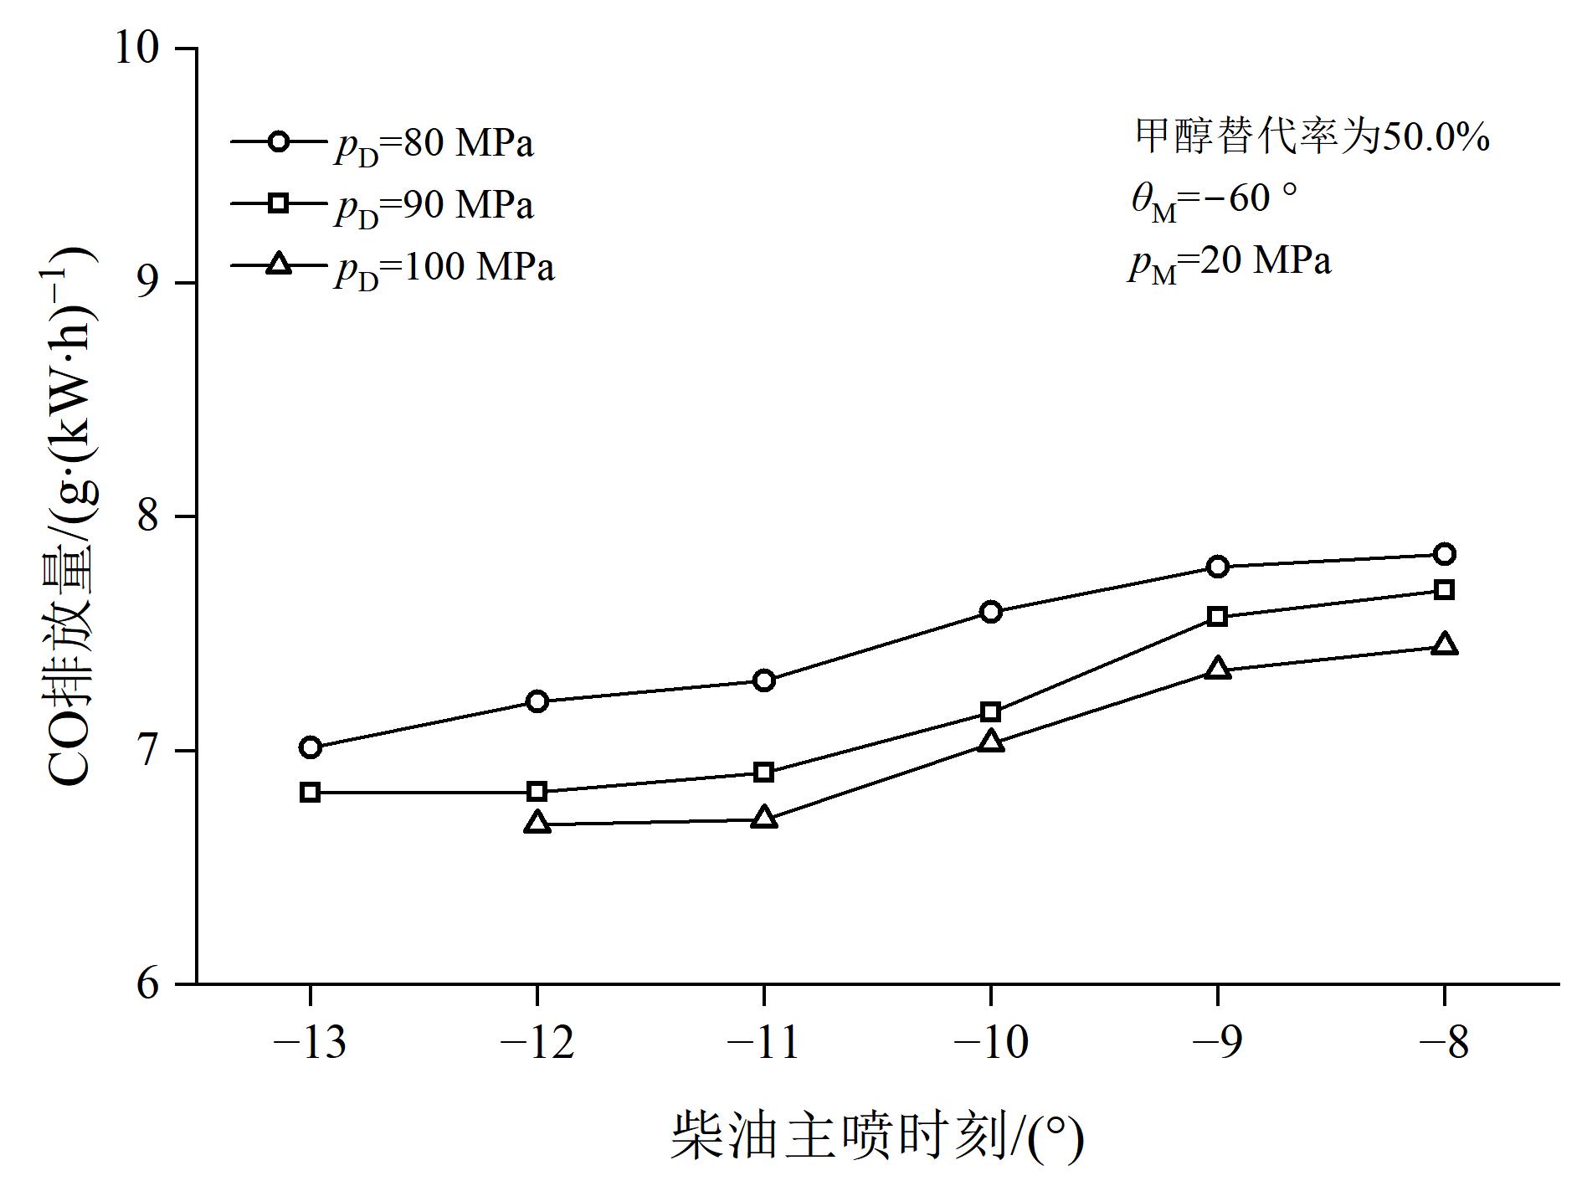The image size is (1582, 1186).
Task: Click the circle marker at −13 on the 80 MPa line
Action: point(311,747)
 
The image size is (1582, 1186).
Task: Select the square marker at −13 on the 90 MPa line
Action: point(310,792)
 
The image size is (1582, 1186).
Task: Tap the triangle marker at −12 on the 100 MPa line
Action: point(537,823)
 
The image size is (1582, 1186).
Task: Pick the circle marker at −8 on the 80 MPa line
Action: point(1444,554)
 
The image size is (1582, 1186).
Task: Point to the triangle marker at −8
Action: point(1444,644)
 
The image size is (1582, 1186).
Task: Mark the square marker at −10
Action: point(990,712)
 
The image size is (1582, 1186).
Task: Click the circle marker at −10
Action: point(990,612)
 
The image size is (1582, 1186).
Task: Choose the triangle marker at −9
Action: point(1218,668)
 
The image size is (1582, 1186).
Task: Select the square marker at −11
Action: point(763,772)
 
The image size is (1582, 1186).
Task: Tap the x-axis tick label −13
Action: point(310,1043)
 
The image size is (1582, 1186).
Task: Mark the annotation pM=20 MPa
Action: point(1229,263)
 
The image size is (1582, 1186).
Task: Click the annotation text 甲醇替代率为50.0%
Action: point(1312,136)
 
